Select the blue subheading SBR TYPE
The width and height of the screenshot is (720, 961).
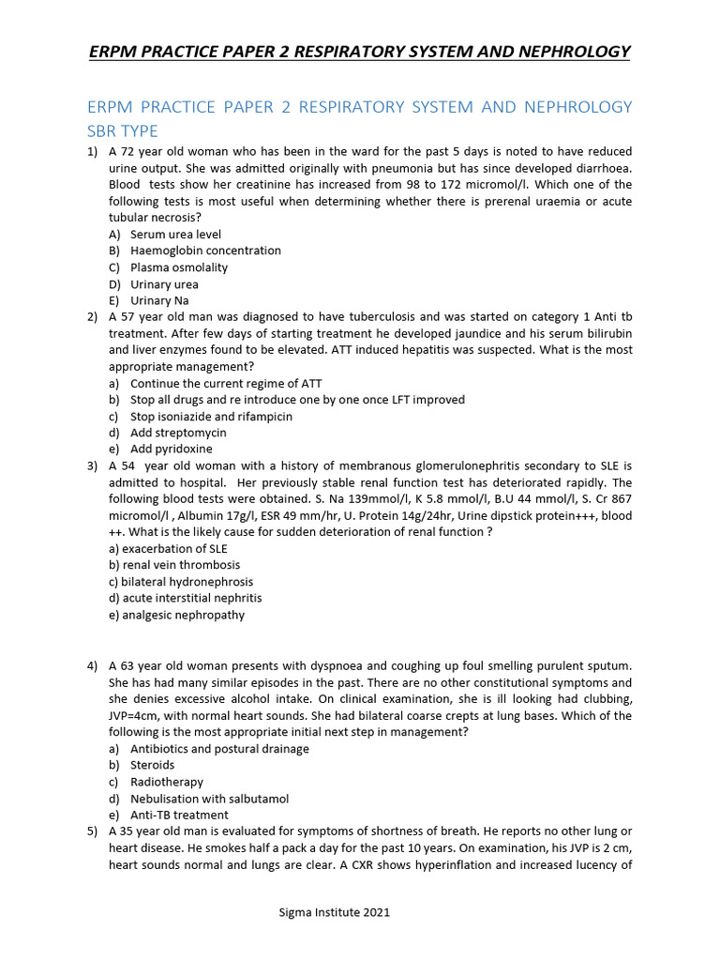123,130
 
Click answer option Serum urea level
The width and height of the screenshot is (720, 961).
175,234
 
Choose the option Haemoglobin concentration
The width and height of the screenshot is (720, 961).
205,251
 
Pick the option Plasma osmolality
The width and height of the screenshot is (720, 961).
179,267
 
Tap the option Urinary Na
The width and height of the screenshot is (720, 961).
159,300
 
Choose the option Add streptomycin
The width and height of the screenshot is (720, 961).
178,433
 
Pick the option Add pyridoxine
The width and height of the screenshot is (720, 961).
172,450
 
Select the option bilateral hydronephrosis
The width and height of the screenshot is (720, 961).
181,582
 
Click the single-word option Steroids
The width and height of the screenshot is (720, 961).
153,765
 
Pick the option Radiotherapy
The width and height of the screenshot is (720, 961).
167,782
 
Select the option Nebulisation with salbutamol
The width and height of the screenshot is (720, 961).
209,799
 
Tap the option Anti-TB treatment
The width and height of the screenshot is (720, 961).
179,815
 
